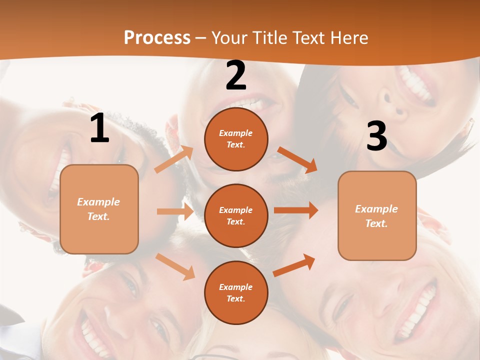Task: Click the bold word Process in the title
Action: click(x=157, y=38)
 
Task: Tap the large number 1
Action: click(x=99, y=128)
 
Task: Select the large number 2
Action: click(x=236, y=75)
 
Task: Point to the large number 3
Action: click(x=376, y=136)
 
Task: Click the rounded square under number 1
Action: click(x=99, y=209)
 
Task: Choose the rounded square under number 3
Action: click(x=377, y=215)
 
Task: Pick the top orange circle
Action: click(x=236, y=139)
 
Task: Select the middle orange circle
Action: click(x=236, y=215)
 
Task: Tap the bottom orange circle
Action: click(x=236, y=292)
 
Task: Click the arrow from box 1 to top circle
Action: click(x=174, y=159)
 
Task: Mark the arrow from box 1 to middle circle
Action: click(x=175, y=211)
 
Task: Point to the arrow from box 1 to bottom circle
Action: click(x=175, y=266)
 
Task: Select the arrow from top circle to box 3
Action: click(x=297, y=159)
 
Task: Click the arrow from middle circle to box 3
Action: click(x=296, y=210)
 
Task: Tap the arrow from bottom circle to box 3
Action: click(x=294, y=265)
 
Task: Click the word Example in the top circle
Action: click(x=235, y=133)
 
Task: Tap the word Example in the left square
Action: click(x=98, y=202)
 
